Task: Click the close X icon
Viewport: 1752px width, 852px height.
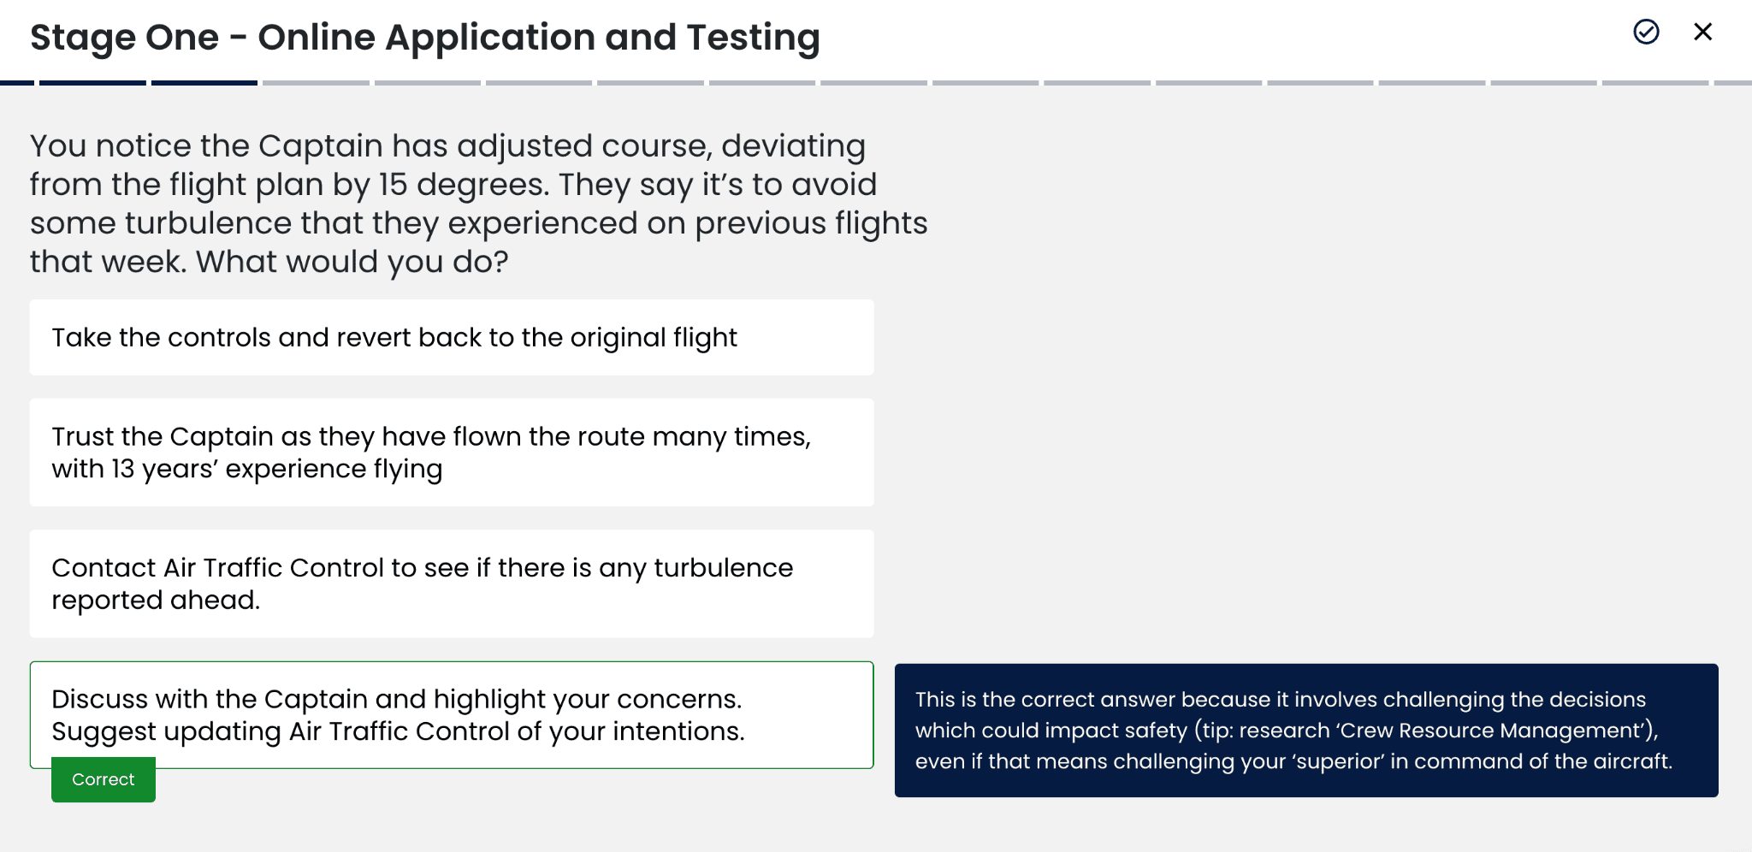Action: click(1703, 32)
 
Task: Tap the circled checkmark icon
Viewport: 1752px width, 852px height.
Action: click(1646, 32)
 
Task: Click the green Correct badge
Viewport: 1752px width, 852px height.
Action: click(104, 779)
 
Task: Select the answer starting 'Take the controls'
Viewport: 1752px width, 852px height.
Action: click(452, 337)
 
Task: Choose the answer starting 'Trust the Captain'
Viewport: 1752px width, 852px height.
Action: click(452, 453)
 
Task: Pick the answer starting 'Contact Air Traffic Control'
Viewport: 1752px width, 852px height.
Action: click(452, 583)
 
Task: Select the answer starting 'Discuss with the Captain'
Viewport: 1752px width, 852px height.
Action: click(452, 715)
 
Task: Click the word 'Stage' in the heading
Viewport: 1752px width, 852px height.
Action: click(81, 38)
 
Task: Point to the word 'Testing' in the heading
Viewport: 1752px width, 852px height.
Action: click(753, 38)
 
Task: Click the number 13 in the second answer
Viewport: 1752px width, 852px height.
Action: click(123, 469)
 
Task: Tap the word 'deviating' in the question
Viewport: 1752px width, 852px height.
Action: click(793, 147)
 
